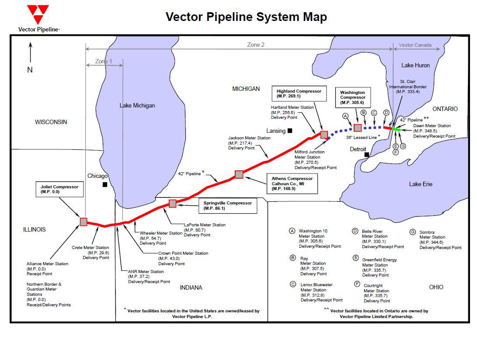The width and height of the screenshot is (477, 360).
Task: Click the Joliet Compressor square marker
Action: click(84, 222)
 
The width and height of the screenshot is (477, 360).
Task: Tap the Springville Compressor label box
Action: click(227, 206)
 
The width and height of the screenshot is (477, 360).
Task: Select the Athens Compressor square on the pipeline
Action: click(239, 174)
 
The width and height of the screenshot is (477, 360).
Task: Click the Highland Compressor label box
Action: click(298, 93)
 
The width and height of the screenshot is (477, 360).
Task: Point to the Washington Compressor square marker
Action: click(358, 128)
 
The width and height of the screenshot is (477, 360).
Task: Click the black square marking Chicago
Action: click(105, 185)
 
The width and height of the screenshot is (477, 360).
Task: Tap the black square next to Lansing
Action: click(289, 131)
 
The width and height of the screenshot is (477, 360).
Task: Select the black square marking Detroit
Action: click(367, 155)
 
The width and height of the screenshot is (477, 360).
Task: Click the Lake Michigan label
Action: click(137, 105)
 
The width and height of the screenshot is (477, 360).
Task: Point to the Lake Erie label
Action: click(421, 184)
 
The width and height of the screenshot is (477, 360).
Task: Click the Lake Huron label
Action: click(415, 66)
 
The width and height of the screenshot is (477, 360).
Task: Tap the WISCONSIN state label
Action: click(51, 122)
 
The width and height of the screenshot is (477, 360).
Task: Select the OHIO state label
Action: click(436, 287)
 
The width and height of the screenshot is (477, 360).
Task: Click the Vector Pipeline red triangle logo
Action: click(38, 14)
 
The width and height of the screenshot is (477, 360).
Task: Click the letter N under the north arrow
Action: click(30, 70)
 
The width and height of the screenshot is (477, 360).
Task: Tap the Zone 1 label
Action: click(104, 62)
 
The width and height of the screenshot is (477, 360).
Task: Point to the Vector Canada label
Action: click(415, 45)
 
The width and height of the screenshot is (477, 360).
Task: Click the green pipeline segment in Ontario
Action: click(397, 129)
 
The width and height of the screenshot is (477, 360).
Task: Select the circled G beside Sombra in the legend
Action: click(412, 232)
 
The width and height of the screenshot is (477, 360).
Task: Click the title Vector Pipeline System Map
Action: click(246, 17)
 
